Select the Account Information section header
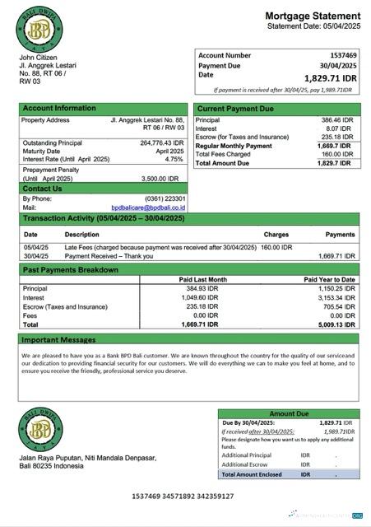59,109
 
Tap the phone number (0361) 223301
163,198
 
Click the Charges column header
276,235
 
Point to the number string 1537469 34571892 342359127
183,497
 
